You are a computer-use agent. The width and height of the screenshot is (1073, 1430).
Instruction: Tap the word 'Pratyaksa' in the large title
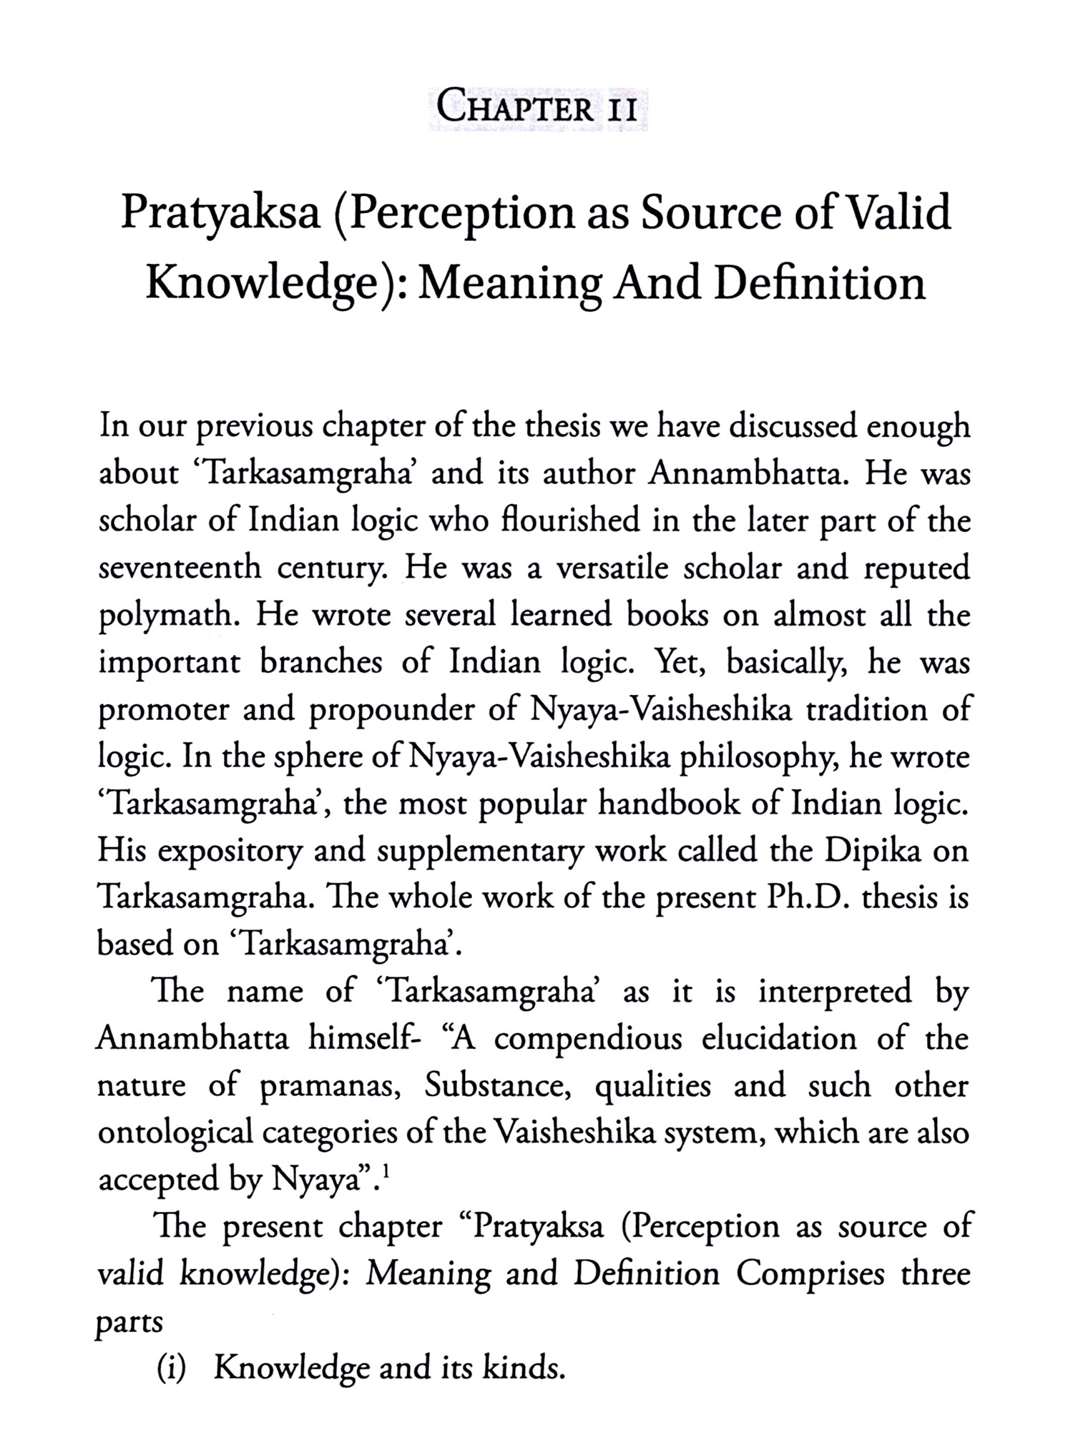220,213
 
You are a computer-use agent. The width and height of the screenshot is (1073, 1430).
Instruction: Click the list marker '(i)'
172,1368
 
